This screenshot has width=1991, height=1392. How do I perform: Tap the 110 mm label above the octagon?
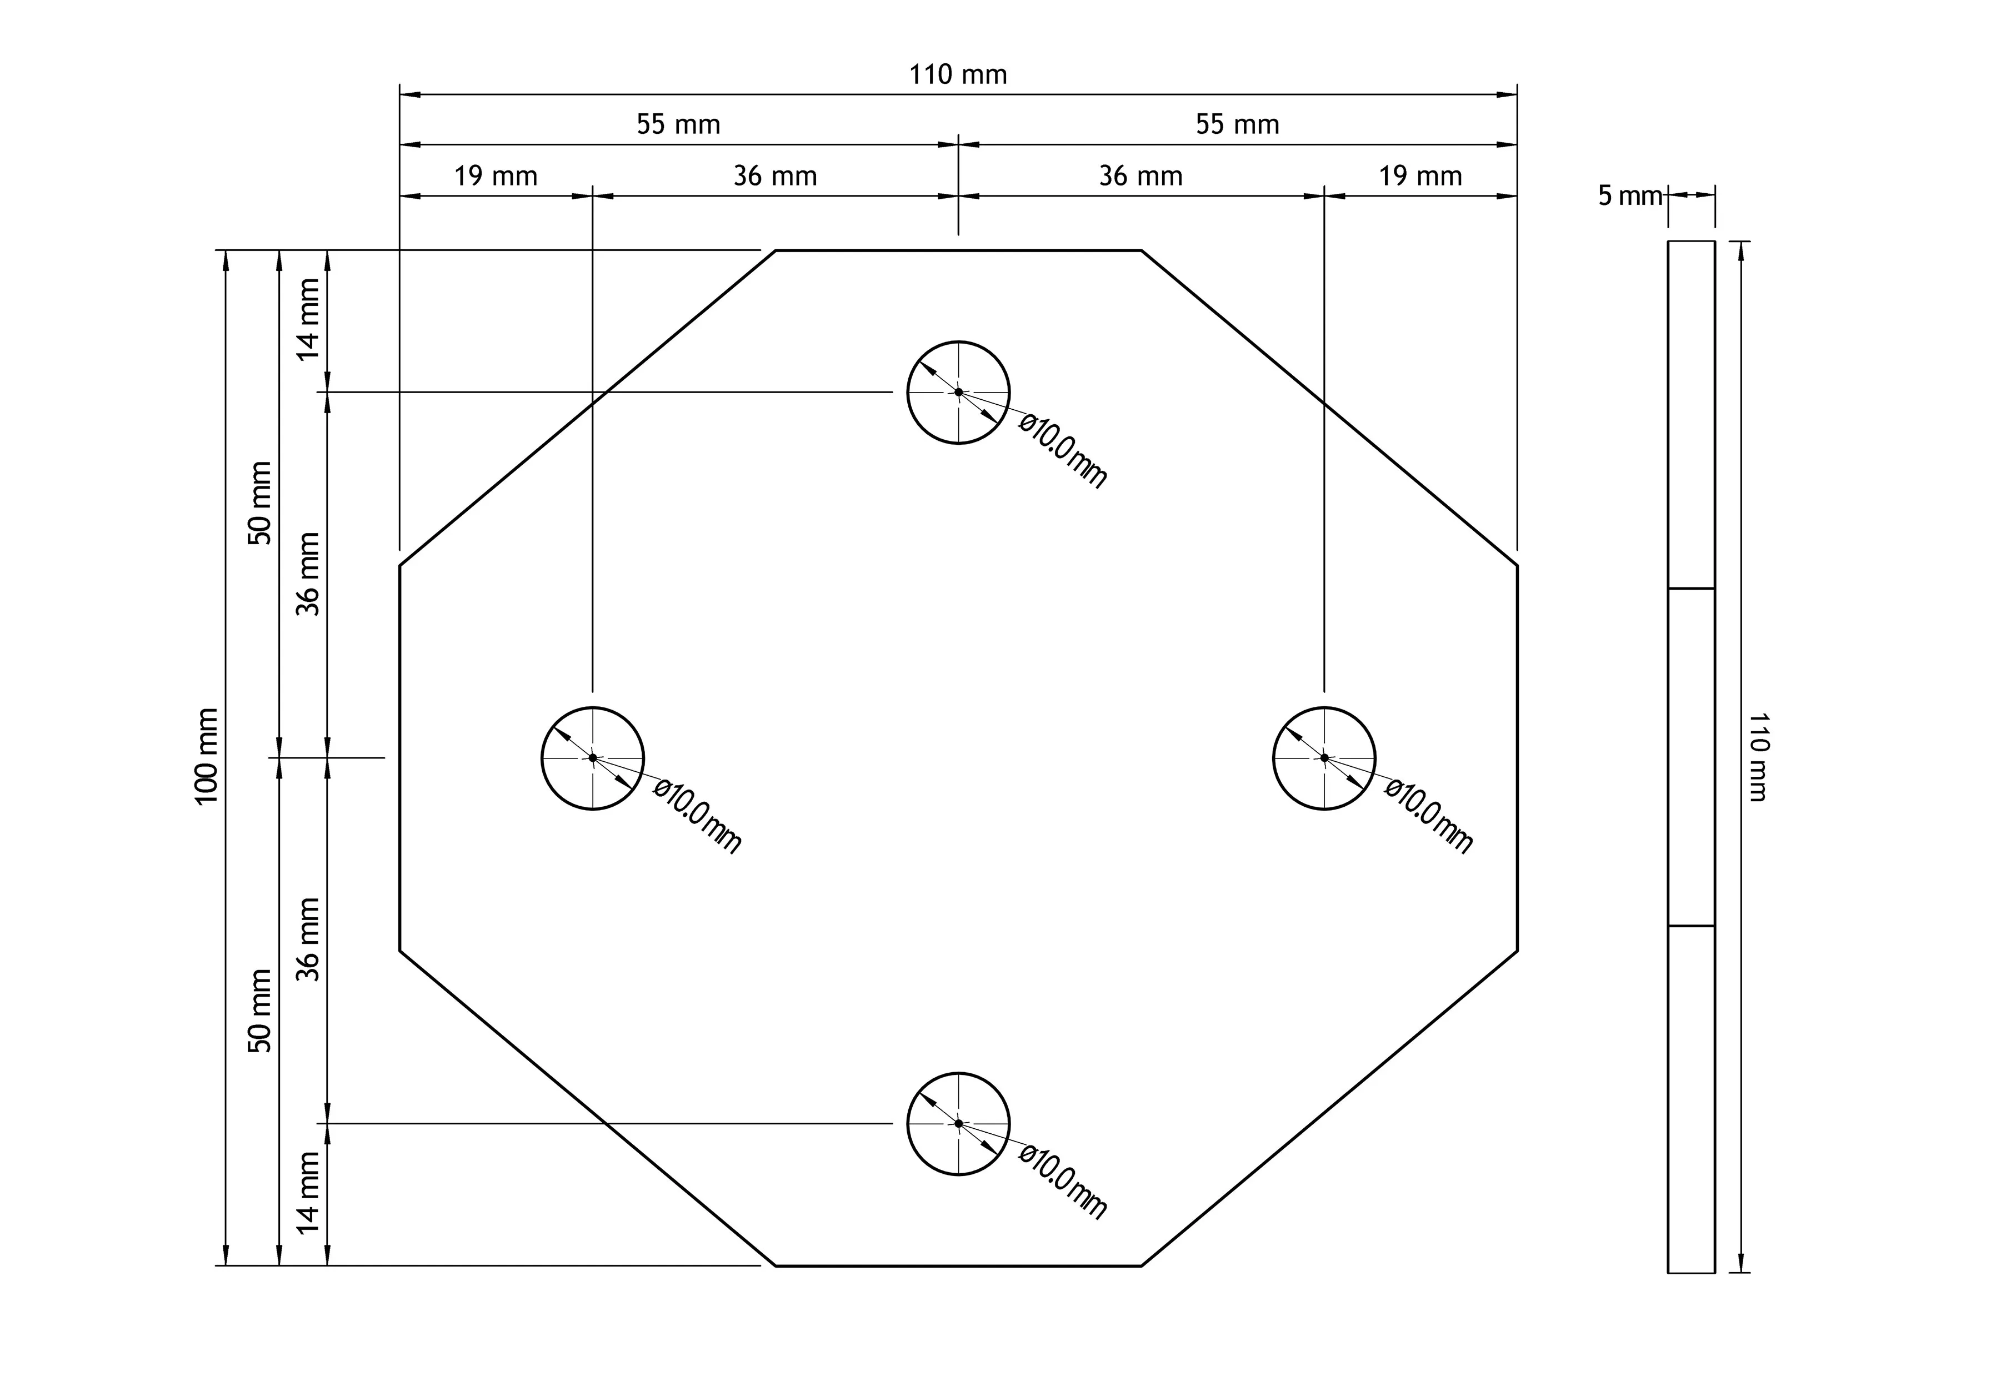[958, 76]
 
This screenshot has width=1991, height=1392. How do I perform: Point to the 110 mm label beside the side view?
[1758, 757]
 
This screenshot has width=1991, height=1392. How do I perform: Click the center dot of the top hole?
[958, 393]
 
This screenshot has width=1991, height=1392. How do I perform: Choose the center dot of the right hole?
[1324, 757]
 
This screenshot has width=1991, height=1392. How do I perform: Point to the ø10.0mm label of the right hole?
[1429, 816]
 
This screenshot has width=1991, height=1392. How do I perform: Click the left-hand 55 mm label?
[679, 125]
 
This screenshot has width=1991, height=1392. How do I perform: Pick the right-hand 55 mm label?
[1238, 125]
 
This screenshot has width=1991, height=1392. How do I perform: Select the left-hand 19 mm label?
[496, 177]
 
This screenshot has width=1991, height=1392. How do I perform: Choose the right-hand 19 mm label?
[1420, 177]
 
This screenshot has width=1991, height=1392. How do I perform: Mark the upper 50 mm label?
[260, 502]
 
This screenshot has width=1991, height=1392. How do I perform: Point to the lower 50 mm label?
[260, 1011]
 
